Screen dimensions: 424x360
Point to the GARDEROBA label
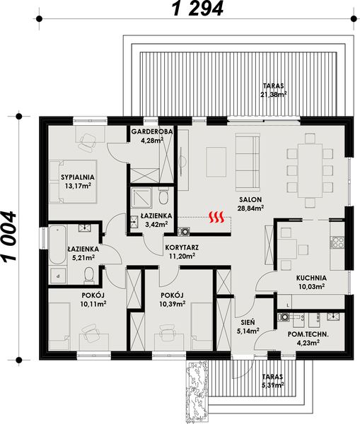151,132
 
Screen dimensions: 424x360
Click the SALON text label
250,199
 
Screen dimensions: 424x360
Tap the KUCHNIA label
310,278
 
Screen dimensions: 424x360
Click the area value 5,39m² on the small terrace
272,386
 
